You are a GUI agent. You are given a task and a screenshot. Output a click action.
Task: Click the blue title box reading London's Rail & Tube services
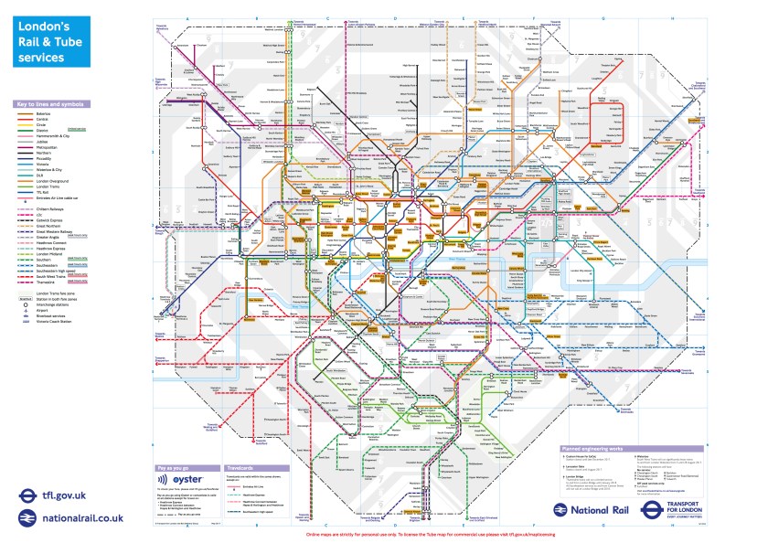52,42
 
